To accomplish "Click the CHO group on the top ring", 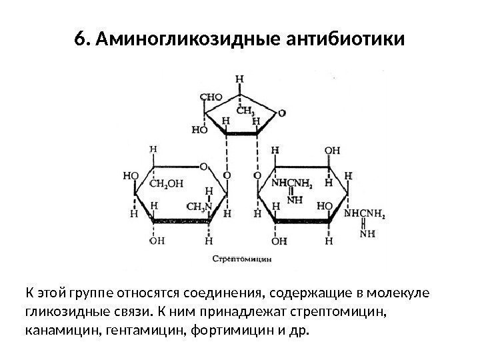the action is click(x=211, y=97).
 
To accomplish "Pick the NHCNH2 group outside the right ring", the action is click(x=365, y=216).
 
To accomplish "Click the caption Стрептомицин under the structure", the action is click(x=241, y=257).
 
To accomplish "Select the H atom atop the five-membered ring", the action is click(x=239, y=79).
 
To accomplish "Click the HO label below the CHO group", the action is click(x=199, y=130).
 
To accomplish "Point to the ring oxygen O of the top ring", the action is click(x=283, y=113).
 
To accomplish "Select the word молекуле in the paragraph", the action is click(x=398, y=293).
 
